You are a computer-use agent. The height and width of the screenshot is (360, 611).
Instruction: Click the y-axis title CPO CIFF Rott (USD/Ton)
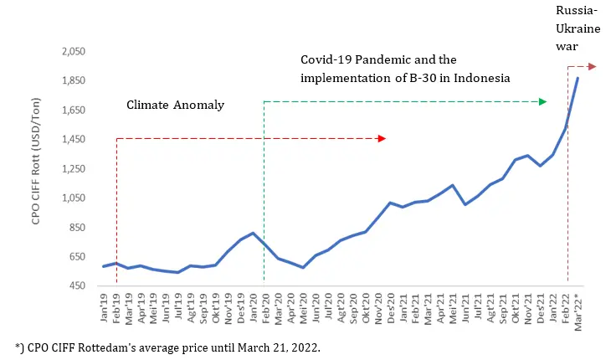38,167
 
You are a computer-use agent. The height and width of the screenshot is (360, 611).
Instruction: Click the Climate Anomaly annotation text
176,105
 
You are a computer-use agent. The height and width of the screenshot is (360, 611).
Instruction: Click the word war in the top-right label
567,48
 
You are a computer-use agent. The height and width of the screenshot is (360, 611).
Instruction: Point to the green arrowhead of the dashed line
542,101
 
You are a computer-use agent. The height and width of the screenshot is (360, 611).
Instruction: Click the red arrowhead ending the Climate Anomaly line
382,138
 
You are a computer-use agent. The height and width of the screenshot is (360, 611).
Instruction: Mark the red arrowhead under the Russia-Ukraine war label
592,66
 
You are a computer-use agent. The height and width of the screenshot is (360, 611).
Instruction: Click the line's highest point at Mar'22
578,78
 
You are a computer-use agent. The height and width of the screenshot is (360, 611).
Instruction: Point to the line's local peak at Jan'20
253,233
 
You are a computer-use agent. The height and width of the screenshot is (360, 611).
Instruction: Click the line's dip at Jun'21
465,204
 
